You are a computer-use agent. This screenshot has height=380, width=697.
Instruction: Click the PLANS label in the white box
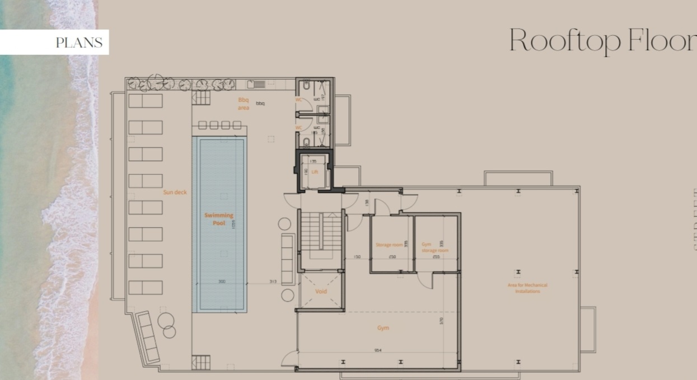tap(79, 43)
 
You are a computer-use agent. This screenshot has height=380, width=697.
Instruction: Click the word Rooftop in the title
tap(565, 40)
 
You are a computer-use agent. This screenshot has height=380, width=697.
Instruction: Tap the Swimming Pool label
tap(219, 219)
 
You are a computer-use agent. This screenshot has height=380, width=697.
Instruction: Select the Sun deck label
tap(175, 192)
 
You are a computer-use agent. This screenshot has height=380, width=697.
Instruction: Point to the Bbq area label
tap(244, 104)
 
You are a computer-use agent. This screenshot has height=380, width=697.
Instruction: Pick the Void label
tap(321, 292)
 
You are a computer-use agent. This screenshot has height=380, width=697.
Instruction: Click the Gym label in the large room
tap(383, 328)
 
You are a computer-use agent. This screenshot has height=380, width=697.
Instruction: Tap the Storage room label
tap(389, 245)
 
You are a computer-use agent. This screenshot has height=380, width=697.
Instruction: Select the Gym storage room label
tap(434, 247)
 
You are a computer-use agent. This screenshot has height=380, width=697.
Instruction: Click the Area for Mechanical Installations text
tap(527, 288)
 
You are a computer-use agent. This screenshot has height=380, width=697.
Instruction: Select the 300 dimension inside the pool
tap(222, 282)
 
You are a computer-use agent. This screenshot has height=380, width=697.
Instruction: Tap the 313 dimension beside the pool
tap(273, 282)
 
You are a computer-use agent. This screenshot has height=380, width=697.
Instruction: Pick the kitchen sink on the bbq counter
tap(259, 85)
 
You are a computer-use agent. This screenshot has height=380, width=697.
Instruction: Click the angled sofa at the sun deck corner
tap(147, 336)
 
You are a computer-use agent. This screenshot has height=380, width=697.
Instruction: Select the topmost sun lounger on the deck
tap(146, 101)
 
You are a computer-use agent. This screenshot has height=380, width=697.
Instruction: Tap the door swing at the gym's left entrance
tap(289, 359)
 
